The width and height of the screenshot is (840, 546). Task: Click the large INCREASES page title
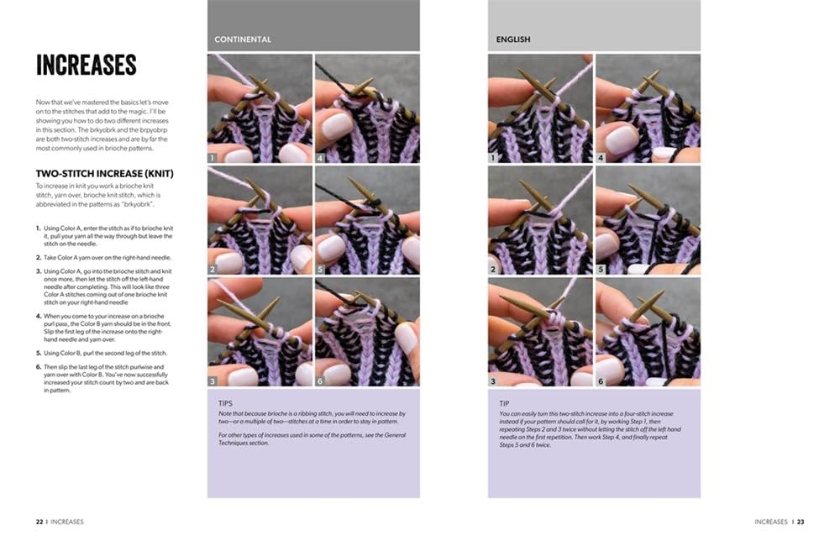(x=87, y=65)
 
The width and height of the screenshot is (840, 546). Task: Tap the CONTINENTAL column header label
(x=243, y=39)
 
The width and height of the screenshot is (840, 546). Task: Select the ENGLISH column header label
(x=513, y=39)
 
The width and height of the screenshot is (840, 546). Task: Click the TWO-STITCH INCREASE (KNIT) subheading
(x=104, y=174)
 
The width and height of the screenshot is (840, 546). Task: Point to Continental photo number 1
(x=260, y=108)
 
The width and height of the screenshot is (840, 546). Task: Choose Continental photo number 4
(x=368, y=108)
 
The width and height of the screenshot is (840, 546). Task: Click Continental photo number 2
(x=260, y=220)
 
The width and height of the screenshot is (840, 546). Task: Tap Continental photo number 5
(x=368, y=220)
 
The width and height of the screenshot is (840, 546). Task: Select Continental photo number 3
(x=260, y=332)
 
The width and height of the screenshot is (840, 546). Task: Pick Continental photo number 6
(x=368, y=332)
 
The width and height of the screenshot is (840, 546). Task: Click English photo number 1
(x=540, y=108)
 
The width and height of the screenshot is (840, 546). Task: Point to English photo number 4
(x=648, y=108)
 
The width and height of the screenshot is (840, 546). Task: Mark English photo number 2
(x=540, y=220)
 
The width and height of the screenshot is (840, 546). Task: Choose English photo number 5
(x=648, y=220)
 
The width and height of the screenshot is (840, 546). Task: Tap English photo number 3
(x=540, y=332)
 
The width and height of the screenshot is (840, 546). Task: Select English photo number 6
(x=648, y=332)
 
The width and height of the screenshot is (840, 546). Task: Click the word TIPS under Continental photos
(x=225, y=403)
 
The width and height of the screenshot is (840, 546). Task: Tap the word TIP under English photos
(x=504, y=403)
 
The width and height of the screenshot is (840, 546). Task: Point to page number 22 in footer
(x=39, y=522)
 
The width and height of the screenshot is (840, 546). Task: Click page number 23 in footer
(x=801, y=522)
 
